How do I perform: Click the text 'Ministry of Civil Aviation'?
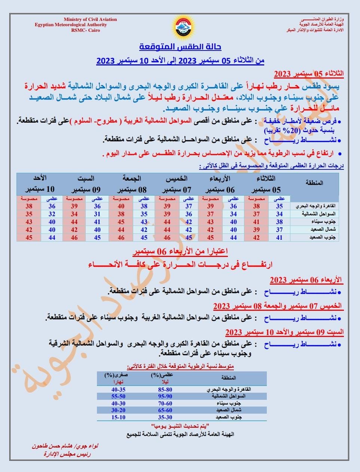click(90, 19)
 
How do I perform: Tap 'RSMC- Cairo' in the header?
click(85, 30)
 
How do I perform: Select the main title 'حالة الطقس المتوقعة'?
click(180, 47)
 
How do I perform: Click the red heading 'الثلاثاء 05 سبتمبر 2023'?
click(308, 73)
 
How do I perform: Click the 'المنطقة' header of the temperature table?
click(315, 183)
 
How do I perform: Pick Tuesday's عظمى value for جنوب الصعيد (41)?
click(279, 237)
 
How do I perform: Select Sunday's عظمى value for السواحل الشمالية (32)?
click(52, 214)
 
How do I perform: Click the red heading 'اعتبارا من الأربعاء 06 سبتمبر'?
click(181, 251)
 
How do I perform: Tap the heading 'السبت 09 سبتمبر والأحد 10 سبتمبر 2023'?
click(284, 332)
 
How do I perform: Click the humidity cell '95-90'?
click(165, 396)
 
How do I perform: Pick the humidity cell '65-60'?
click(165, 410)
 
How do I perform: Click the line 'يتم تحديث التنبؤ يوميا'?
click(180, 426)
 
